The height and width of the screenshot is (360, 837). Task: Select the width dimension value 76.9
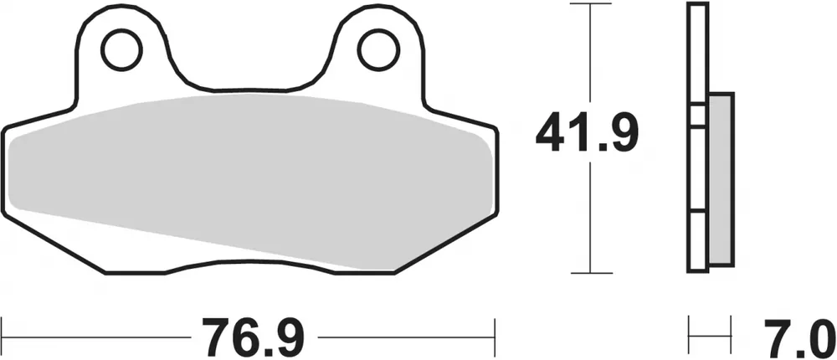tap(248, 336)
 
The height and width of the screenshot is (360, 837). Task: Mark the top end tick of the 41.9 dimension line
tap(591, 5)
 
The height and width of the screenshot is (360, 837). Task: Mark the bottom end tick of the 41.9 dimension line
tap(591, 272)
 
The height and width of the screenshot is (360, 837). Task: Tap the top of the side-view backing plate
tap(695, 7)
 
